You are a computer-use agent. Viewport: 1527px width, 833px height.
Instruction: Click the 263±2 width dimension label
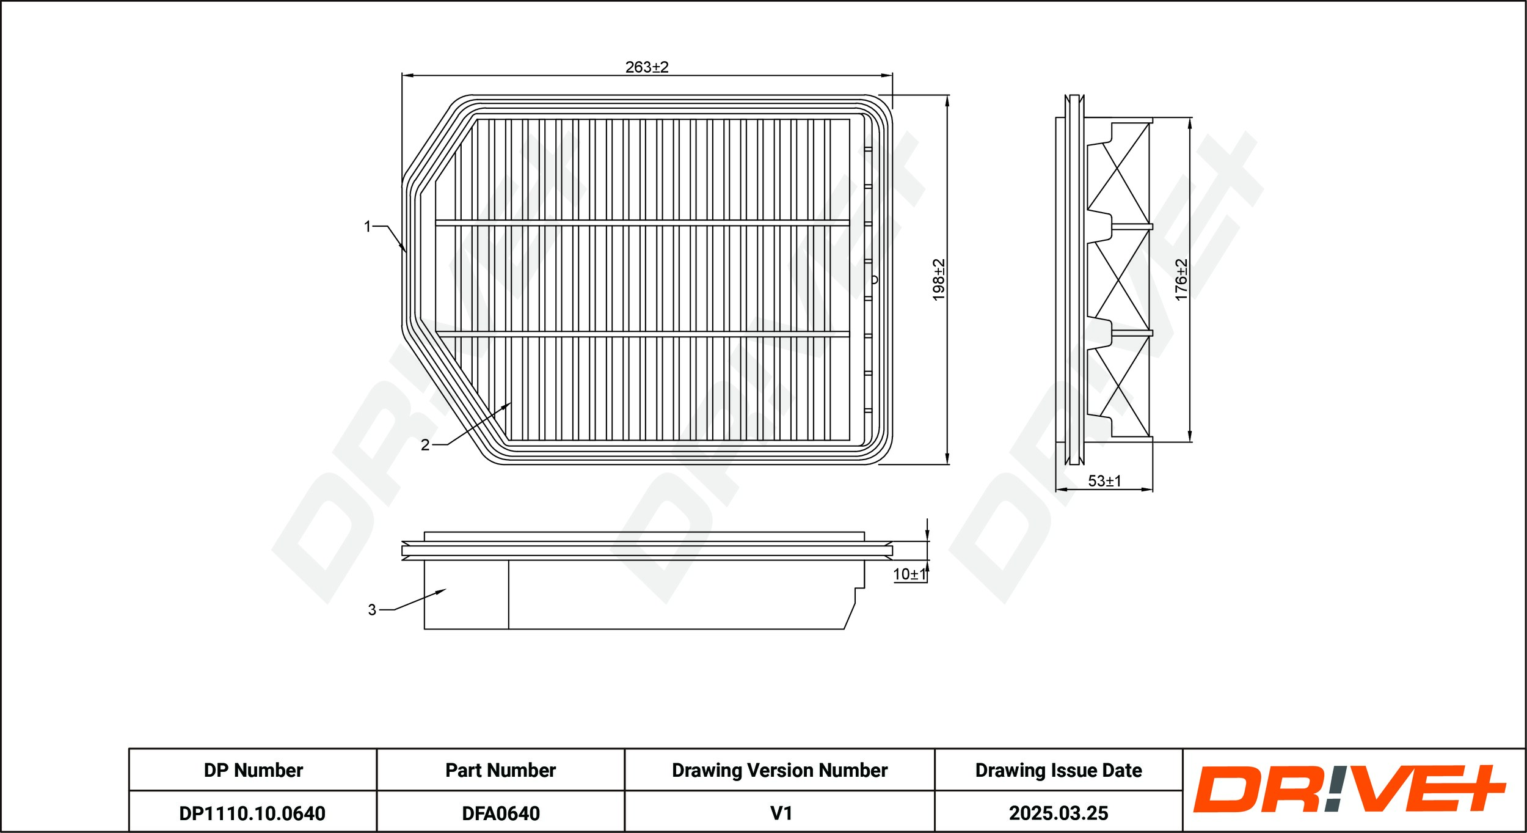(647, 67)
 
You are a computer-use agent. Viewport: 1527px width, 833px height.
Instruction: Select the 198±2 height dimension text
(939, 280)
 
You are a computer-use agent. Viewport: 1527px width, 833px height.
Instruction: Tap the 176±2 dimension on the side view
(1181, 280)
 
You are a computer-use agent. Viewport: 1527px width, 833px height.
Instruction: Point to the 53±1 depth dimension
(1104, 481)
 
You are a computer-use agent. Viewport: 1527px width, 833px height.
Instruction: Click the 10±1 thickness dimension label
(909, 574)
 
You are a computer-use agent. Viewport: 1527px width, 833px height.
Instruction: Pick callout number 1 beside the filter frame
(368, 227)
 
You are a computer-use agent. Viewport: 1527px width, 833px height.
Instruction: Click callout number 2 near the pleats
(425, 445)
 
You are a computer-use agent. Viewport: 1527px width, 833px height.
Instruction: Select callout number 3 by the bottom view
(372, 609)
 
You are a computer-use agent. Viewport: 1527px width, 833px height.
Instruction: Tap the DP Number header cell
(253, 770)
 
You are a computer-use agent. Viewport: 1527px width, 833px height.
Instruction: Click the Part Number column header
(500, 770)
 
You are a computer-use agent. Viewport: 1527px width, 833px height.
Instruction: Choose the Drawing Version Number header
(779, 770)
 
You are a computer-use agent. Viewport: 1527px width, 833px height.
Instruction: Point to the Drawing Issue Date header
(1058, 770)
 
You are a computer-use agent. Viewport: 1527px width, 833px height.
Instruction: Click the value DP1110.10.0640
(252, 813)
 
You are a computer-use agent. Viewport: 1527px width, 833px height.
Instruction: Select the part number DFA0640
(500, 813)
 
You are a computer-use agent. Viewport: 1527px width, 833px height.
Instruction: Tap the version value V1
(781, 813)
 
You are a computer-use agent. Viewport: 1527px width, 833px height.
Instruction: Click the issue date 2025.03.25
(1058, 813)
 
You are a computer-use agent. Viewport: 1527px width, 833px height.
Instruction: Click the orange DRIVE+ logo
(1349, 790)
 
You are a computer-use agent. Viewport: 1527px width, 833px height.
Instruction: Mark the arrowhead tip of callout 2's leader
(510, 403)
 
